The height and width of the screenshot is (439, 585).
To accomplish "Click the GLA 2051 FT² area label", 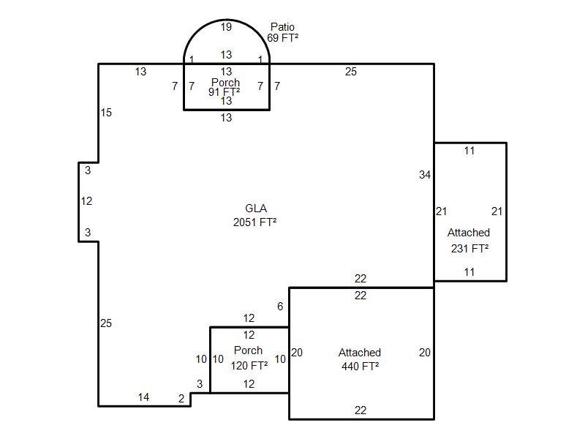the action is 255,215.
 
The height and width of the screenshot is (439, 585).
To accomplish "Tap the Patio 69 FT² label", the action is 282,32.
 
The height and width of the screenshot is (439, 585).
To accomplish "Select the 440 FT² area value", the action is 361,367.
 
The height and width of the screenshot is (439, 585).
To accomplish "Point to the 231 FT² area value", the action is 469,248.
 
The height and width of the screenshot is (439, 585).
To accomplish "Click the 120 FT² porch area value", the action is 249,365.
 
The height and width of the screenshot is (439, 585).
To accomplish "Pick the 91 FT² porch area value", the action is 224,92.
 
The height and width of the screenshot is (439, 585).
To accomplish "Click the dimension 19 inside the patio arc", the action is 226,27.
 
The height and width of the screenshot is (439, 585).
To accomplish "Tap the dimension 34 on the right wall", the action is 425,175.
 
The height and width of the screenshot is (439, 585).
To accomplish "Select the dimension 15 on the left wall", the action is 106,113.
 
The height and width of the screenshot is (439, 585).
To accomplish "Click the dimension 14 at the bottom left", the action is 143,397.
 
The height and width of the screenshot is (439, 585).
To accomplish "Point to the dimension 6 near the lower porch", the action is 280,307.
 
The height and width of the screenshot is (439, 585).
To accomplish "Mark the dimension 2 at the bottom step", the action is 181,399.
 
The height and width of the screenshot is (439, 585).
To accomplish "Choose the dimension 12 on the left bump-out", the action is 86,201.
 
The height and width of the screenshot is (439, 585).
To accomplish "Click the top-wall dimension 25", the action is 351,72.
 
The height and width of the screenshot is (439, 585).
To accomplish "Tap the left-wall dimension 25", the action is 106,323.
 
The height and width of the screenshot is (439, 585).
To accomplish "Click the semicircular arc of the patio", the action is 227,20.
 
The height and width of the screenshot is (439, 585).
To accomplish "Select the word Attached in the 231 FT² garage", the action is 469,233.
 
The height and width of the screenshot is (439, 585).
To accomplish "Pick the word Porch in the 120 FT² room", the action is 248,350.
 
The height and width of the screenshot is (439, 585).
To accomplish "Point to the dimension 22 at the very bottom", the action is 361,410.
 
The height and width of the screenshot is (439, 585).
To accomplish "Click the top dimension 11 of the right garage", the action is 469,151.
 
